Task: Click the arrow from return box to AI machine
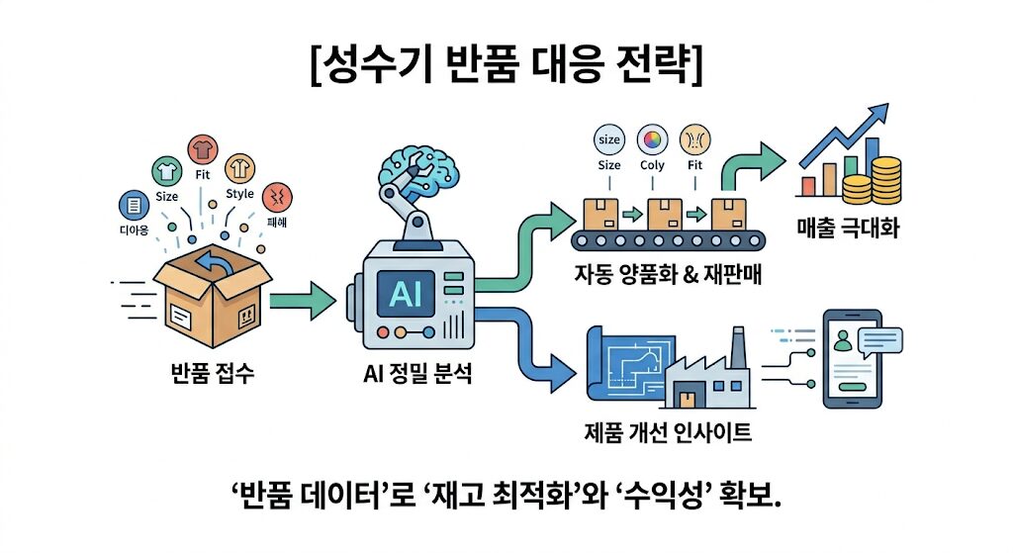304,300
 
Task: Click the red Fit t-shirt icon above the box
203,148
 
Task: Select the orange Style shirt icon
239,167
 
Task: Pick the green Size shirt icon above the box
166,170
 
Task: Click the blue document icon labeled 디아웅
132,205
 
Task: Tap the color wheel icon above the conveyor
652,138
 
